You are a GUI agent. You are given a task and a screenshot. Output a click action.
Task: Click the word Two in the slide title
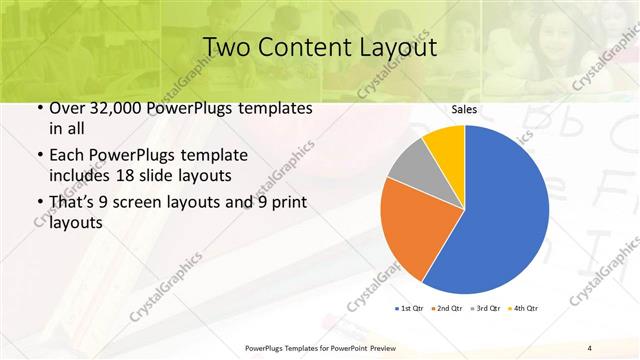coord(229,46)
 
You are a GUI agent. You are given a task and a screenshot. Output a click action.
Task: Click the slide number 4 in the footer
coord(590,347)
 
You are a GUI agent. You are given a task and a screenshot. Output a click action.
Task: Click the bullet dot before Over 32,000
coord(38,108)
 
